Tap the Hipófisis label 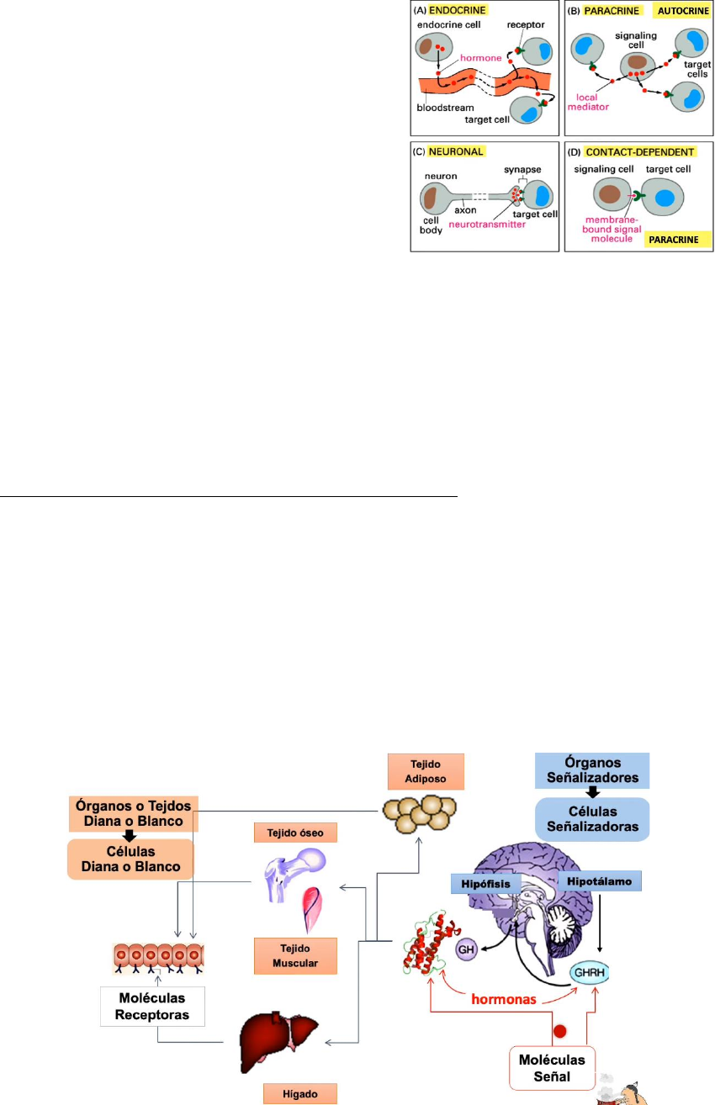click(482, 884)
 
